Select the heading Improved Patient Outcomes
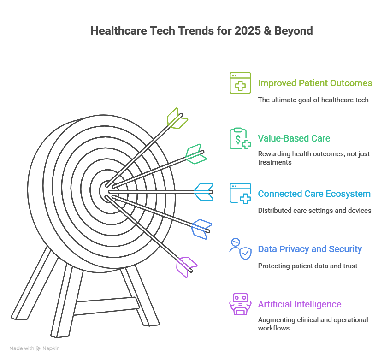click(x=315, y=83)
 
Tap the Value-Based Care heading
click(x=294, y=138)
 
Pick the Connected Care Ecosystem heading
click(x=314, y=194)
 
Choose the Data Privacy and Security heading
click(x=310, y=249)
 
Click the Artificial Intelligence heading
click(x=300, y=304)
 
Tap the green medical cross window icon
click(x=240, y=83)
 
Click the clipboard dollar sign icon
click(x=240, y=138)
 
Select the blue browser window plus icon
click(x=240, y=193)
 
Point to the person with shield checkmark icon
click(x=240, y=249)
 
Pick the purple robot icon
click(x=240, y=304)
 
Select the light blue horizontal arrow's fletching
click(x=204, y=191)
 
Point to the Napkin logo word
click(x=51, y=348)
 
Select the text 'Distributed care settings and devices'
click(x=314, y=211)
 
